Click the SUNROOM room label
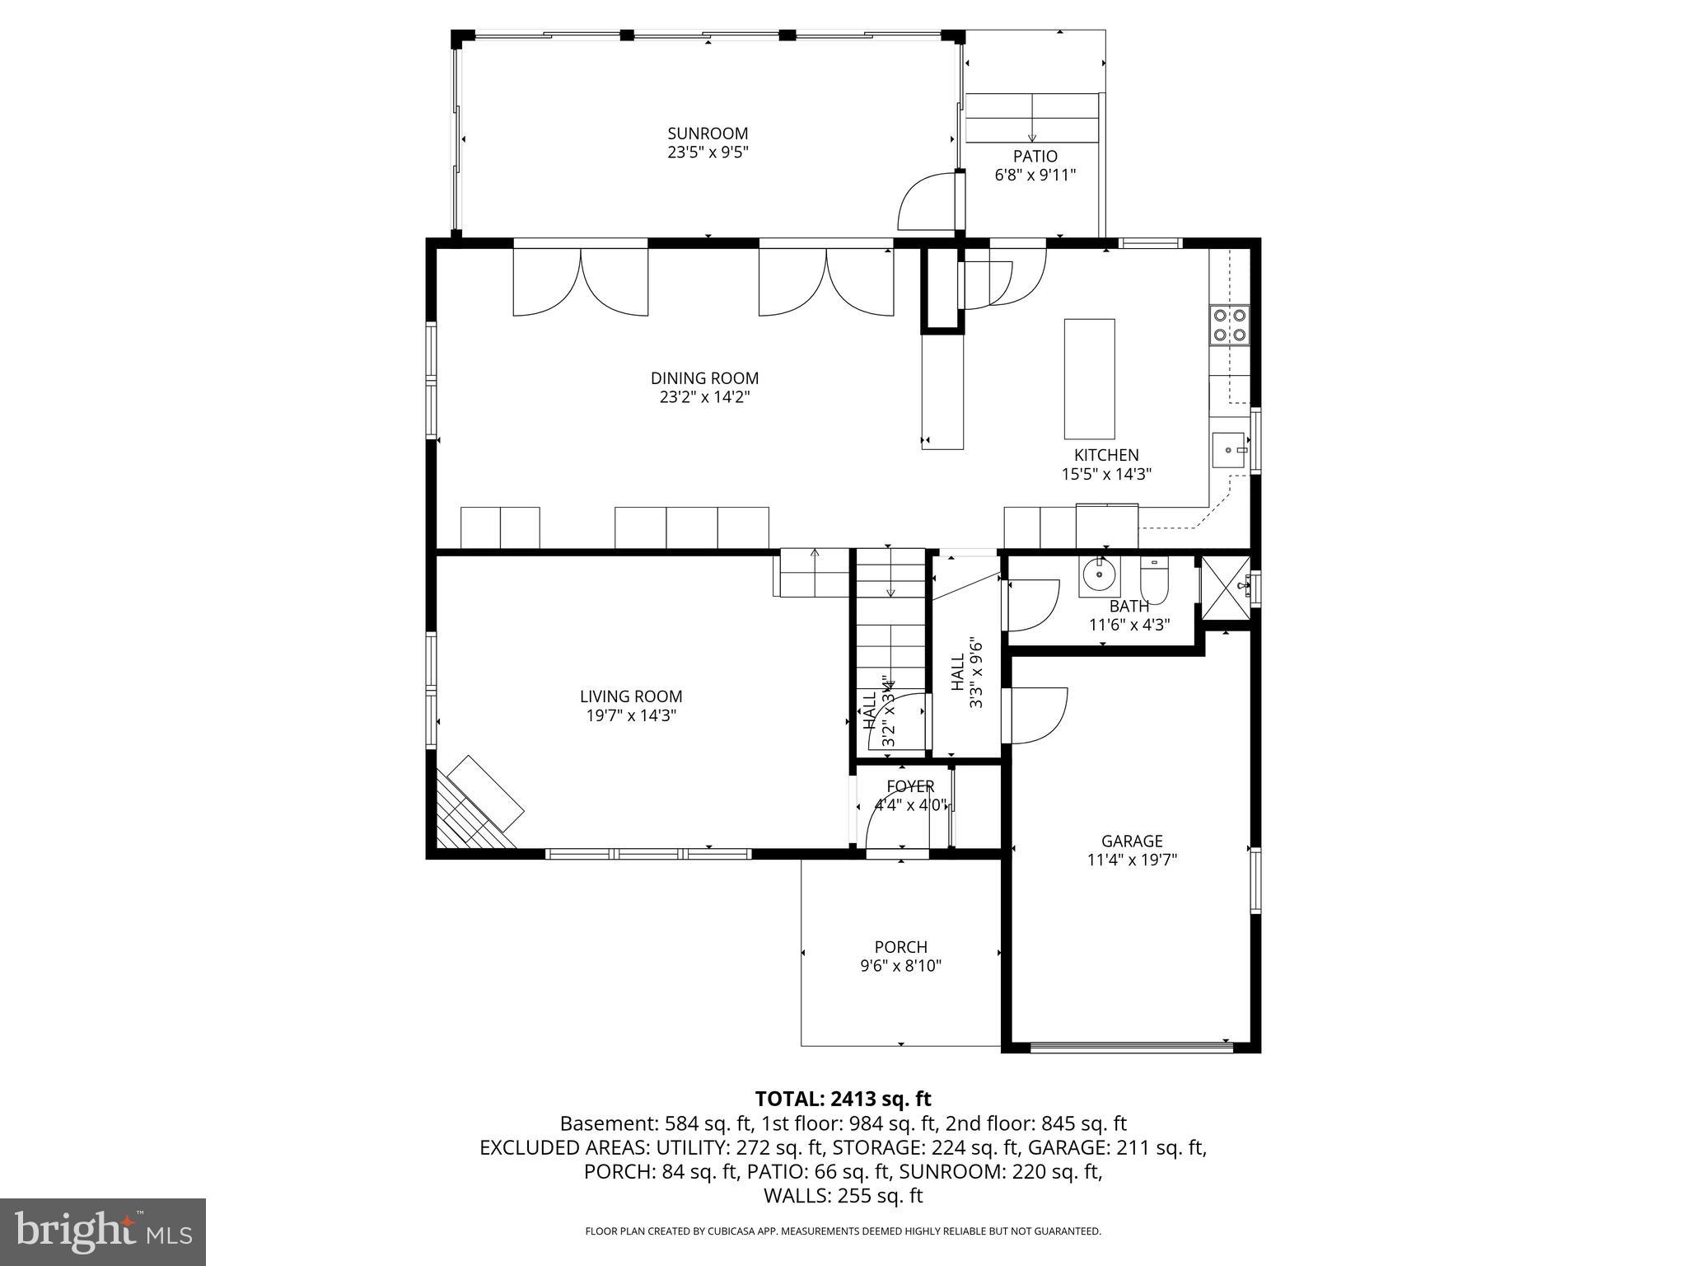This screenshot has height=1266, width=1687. [708, 134]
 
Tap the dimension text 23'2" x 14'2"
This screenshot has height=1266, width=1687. [704, 397]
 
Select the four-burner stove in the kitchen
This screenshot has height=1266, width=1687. [1229, 324]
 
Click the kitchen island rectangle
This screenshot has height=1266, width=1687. [1089, 378]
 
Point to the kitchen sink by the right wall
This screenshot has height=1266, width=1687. [1230, 451]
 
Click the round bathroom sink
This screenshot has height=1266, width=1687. [1099, 574]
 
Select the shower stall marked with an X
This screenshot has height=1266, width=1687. [1226, 587]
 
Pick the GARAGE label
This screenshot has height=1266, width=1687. [1132, 841]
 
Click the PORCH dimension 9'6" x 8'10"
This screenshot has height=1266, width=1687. [900, 966]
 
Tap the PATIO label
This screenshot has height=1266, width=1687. [1035, 157]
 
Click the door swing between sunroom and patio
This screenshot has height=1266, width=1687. [927, 202]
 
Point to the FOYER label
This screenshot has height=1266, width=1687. [910, 786]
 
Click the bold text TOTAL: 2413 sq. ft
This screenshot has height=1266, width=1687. [843, 1099]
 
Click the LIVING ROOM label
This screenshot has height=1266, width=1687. [631, 696]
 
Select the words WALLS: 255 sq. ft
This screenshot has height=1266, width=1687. [843, 1195]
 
